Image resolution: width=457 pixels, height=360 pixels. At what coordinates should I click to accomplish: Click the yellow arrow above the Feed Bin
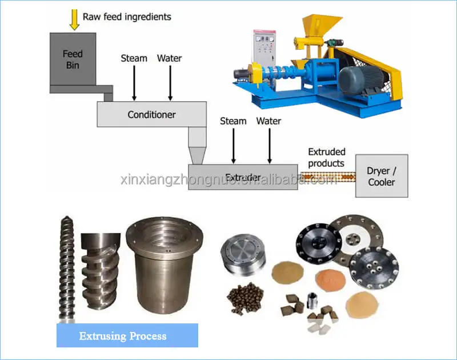click(x=74, y=18)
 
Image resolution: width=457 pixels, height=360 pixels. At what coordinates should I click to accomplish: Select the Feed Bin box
click(x=73, y=59)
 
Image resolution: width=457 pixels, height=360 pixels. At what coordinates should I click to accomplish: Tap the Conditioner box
click(x=151, y=114)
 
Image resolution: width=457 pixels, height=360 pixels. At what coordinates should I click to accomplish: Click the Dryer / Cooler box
click(x=382, y=176)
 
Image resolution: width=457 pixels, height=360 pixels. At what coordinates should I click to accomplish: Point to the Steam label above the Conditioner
click(x=134, y=58)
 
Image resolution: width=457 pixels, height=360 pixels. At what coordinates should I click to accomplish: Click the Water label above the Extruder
click(x=268, y=121)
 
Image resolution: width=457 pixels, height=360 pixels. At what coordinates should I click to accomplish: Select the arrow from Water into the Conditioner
click(x=170, y=83)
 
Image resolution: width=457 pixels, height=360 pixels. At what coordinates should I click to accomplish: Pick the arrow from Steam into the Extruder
click(x=232, y=146)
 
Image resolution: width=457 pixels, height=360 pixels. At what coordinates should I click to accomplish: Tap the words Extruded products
click(x=327, y=157)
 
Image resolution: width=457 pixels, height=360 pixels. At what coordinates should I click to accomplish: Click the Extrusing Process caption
click(x=127, y=335)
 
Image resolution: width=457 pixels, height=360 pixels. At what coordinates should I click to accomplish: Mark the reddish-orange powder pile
click(x=330, y=281)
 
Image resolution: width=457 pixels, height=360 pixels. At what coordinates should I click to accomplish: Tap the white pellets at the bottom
click(x=318, y=326)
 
